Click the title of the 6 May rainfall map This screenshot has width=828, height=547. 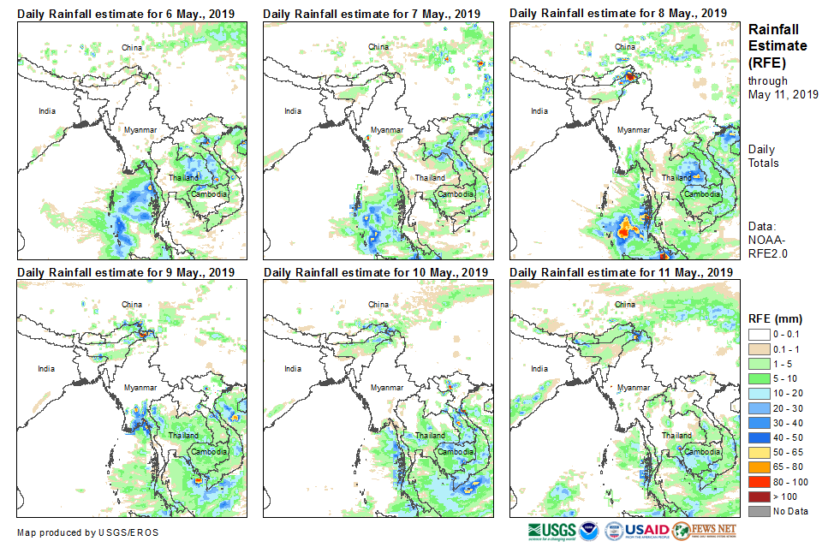(126, 14)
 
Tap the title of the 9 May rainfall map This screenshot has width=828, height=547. (126, 272)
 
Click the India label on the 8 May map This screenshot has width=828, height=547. (539, 110)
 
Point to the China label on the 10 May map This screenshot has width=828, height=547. (378, 304)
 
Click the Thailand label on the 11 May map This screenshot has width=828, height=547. (676, 435)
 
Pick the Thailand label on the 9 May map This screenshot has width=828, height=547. (184, 435)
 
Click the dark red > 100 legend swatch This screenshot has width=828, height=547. (759, 497)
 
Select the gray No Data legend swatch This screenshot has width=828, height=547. (759, 512)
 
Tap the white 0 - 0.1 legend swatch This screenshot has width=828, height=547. (759, 335)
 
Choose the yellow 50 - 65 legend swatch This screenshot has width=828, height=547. (759, 453)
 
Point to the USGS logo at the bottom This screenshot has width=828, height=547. (552, 531)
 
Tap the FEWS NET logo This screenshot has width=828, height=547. (704, 531)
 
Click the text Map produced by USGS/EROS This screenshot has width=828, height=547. (86, 532)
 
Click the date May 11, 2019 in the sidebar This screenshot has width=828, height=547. (783, 94)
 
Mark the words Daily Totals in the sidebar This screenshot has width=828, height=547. (764, 156)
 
